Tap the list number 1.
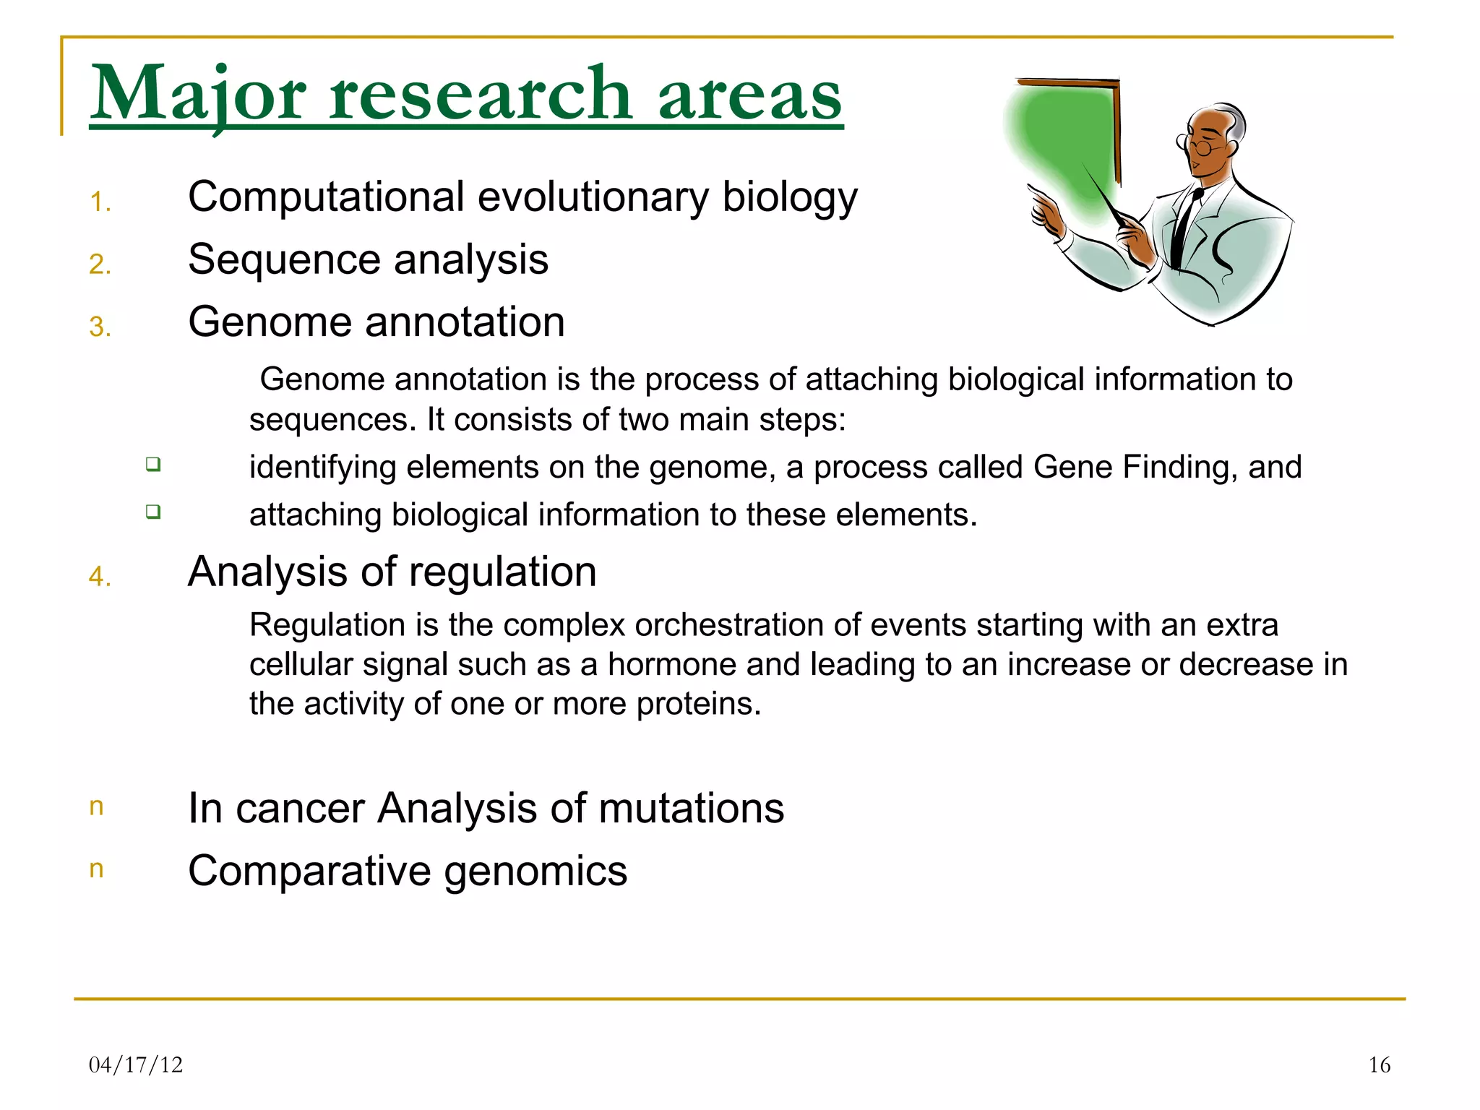point(100,202)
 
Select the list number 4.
point(100,577)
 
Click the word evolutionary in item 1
point(593,197)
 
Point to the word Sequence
point(282,260)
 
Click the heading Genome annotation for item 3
point(376,322)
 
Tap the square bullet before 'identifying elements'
point(152,464)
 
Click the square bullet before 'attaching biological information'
point(152,512)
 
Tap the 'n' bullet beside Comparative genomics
point(96,869)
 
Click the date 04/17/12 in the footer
point(136,1064)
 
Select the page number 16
point(1379,1064)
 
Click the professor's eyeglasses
point(1200,147)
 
